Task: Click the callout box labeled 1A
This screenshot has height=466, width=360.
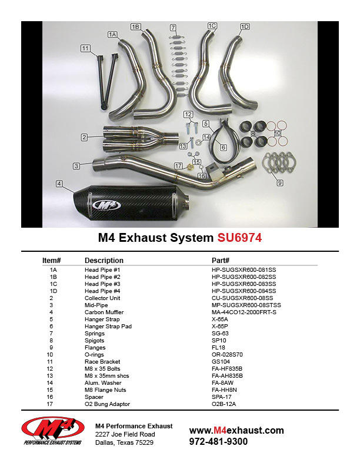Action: click(113, 35)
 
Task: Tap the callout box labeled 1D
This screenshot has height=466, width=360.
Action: click(245, 26)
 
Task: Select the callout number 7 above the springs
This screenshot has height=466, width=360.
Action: click(173, 27)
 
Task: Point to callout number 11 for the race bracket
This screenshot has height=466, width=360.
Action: click(86, 48)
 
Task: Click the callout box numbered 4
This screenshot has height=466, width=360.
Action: click(59, 184)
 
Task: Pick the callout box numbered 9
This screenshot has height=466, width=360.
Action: click(280, 183)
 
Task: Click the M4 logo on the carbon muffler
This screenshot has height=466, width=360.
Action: click(106, 205)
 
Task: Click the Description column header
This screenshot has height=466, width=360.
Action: click(104, 260)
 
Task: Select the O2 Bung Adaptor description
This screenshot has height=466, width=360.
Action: click(108, 404)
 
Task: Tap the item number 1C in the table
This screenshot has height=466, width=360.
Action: click(54, 284)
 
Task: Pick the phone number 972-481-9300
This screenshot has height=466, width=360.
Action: click(218, 441)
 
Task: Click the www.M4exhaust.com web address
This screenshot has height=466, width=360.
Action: click(236, 430)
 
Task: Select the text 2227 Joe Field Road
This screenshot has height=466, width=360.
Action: click(125, 434)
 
